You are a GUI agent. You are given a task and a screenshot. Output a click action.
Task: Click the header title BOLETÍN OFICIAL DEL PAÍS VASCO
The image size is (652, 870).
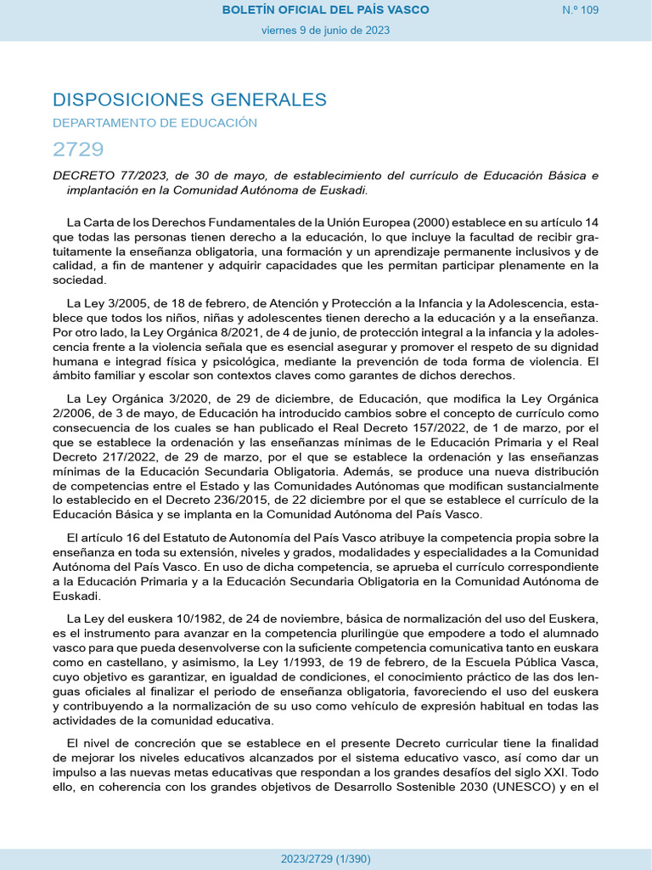pos(325,10)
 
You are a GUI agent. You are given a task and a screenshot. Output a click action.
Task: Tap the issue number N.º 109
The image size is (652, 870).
pos(581,10)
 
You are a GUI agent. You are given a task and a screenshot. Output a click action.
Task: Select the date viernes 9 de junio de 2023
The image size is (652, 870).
pos(325,30)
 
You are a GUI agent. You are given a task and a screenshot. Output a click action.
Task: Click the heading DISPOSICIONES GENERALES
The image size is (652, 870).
pos(189,99)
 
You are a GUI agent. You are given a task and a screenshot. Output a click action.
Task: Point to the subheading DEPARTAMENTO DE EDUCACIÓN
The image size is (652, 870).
pos(155,123)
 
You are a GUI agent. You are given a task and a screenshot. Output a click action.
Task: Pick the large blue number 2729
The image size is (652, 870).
pos(78,150)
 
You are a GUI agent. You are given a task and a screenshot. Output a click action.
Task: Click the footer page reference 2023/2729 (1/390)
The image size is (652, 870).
pos(325,859)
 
